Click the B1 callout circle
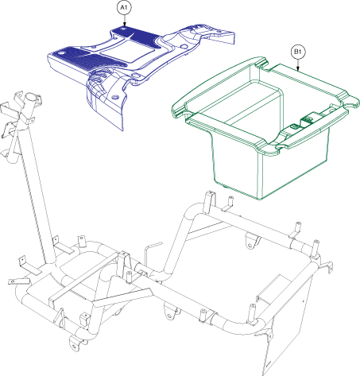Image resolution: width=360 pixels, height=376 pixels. click(296, 52)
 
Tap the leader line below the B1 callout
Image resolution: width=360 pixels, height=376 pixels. click(296, 64)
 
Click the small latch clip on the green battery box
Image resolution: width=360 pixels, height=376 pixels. click(305, 118)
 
